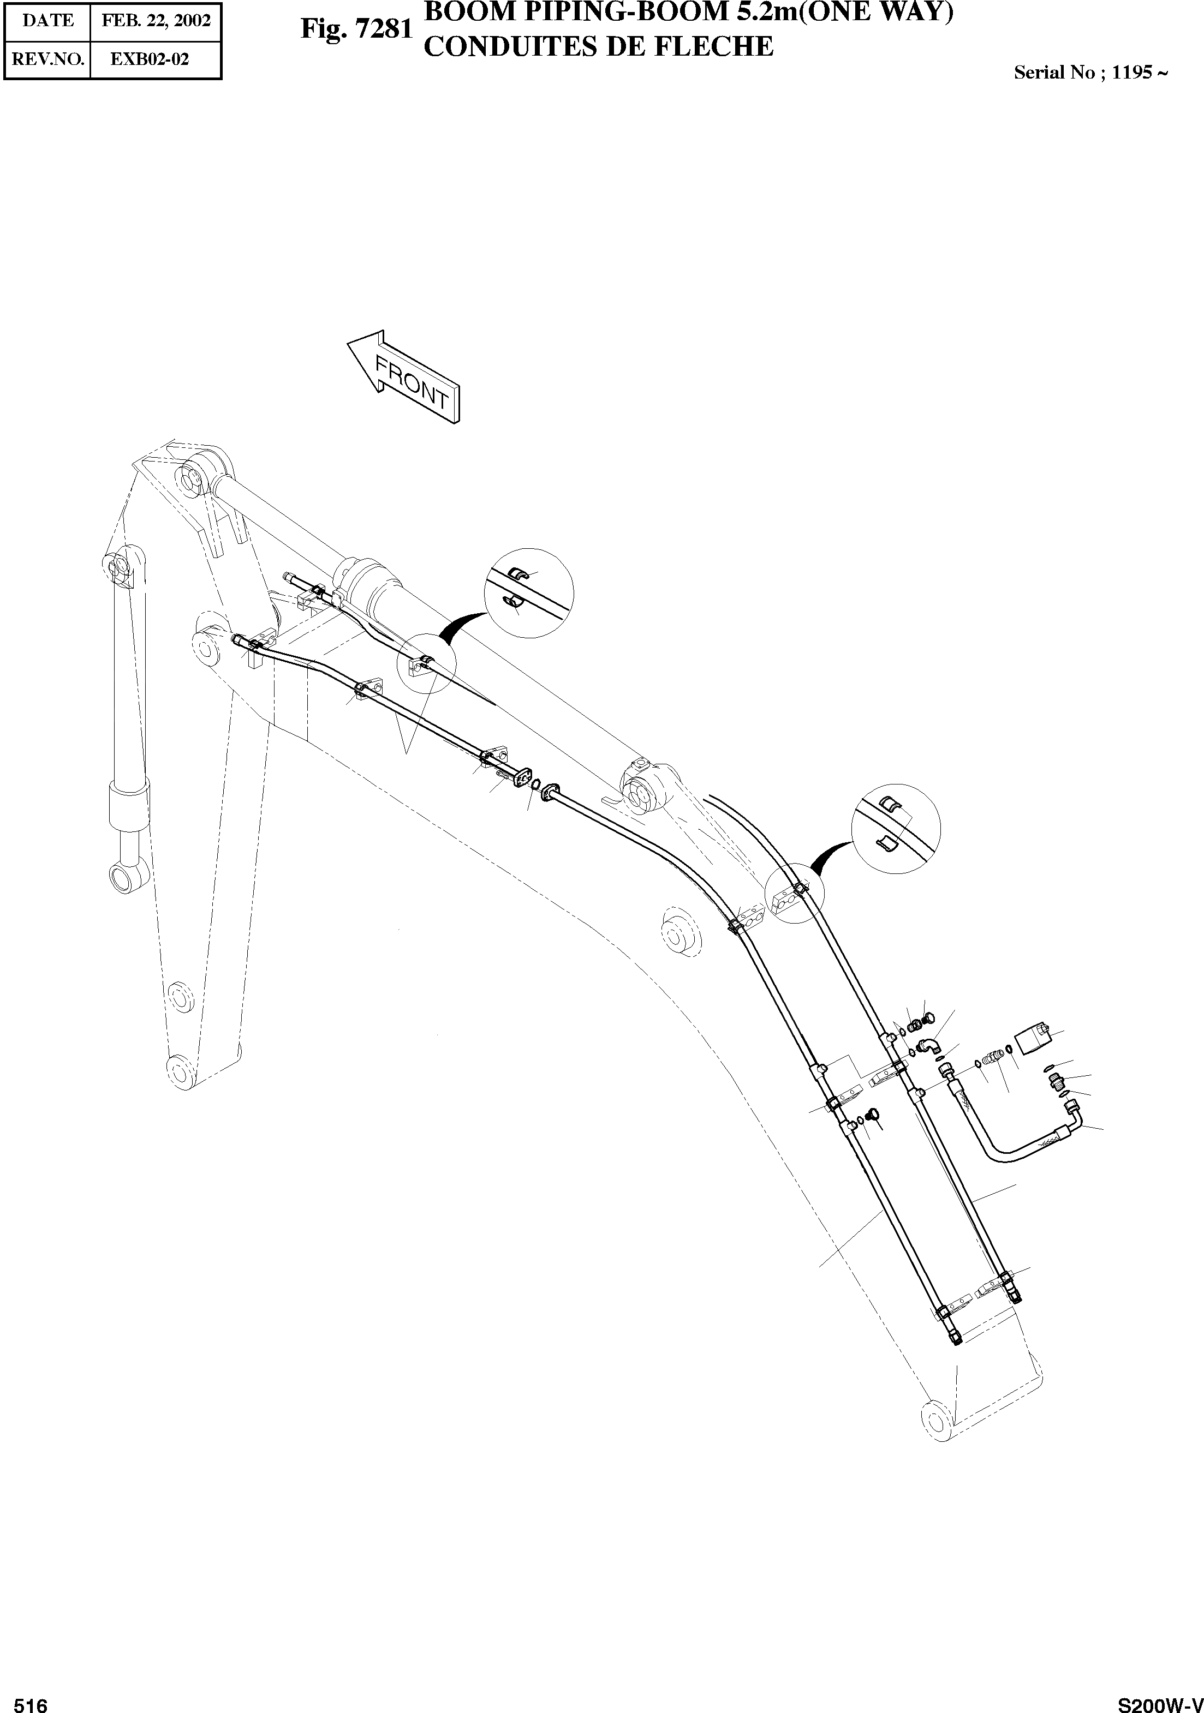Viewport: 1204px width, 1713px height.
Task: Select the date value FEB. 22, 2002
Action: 156,21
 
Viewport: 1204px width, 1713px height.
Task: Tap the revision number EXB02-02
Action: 150,59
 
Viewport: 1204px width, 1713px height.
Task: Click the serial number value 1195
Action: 1131,73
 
